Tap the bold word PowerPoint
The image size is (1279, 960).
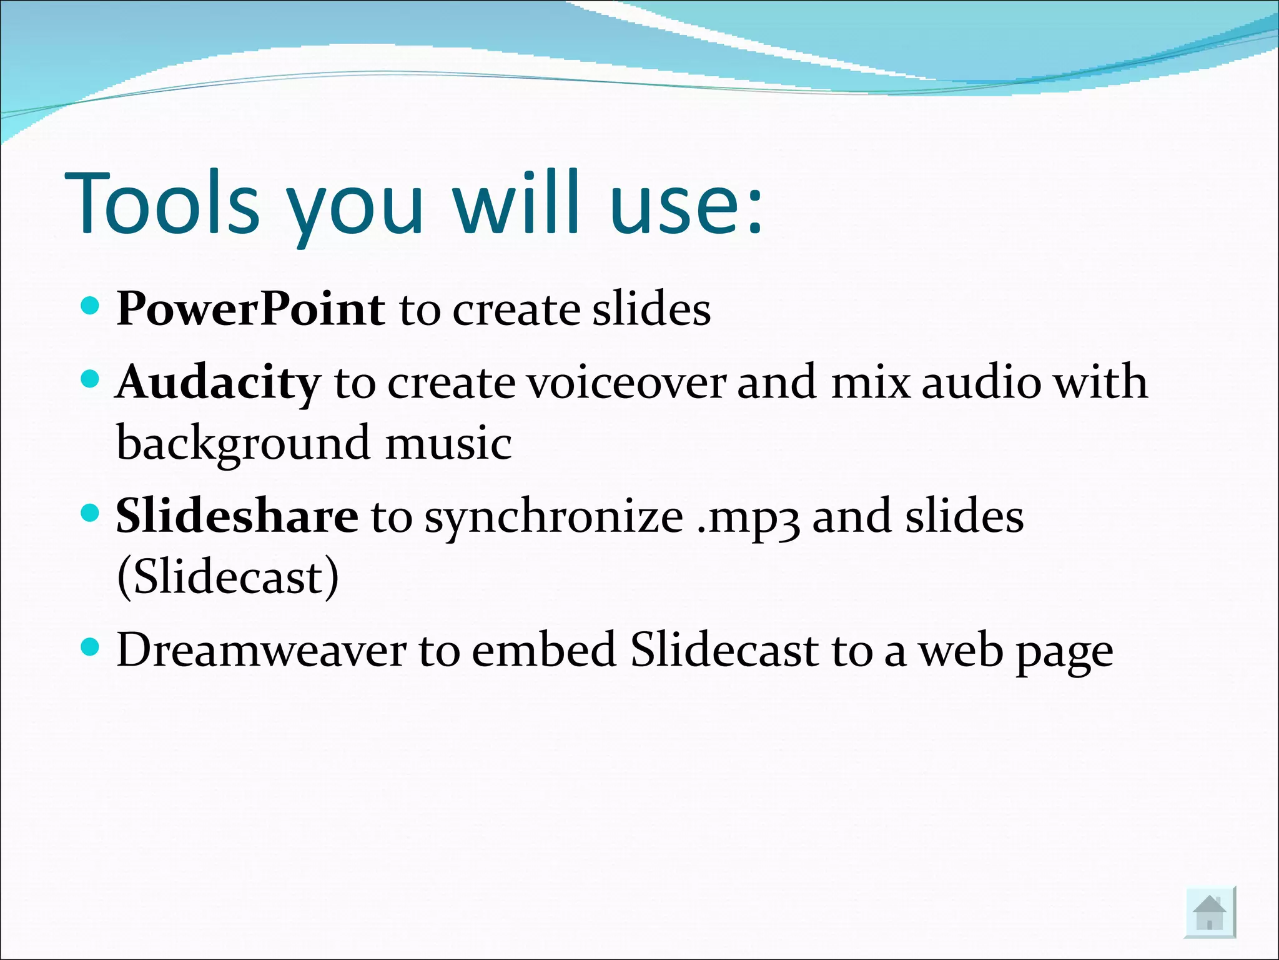point(250,310)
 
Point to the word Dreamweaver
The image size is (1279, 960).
point(261,651)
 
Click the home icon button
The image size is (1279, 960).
point(1210,912)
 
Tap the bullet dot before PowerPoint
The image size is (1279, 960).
point(91,306)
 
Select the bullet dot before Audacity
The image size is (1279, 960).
point(91,379)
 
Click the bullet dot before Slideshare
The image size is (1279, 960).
point(91,513)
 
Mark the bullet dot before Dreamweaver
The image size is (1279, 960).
point(91,647)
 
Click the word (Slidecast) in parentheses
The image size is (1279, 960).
point(228,577)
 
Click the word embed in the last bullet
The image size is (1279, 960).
point(544,651)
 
